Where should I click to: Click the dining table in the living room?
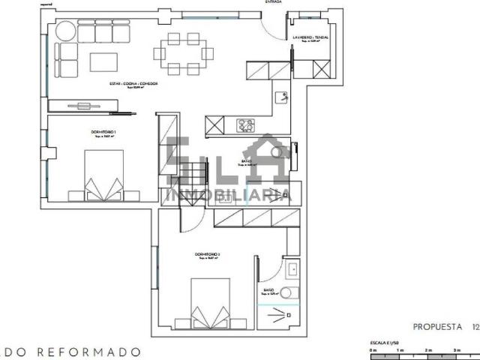179,52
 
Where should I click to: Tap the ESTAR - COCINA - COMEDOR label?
134,84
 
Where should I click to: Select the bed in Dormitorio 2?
211,304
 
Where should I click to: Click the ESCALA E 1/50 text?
382,342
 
